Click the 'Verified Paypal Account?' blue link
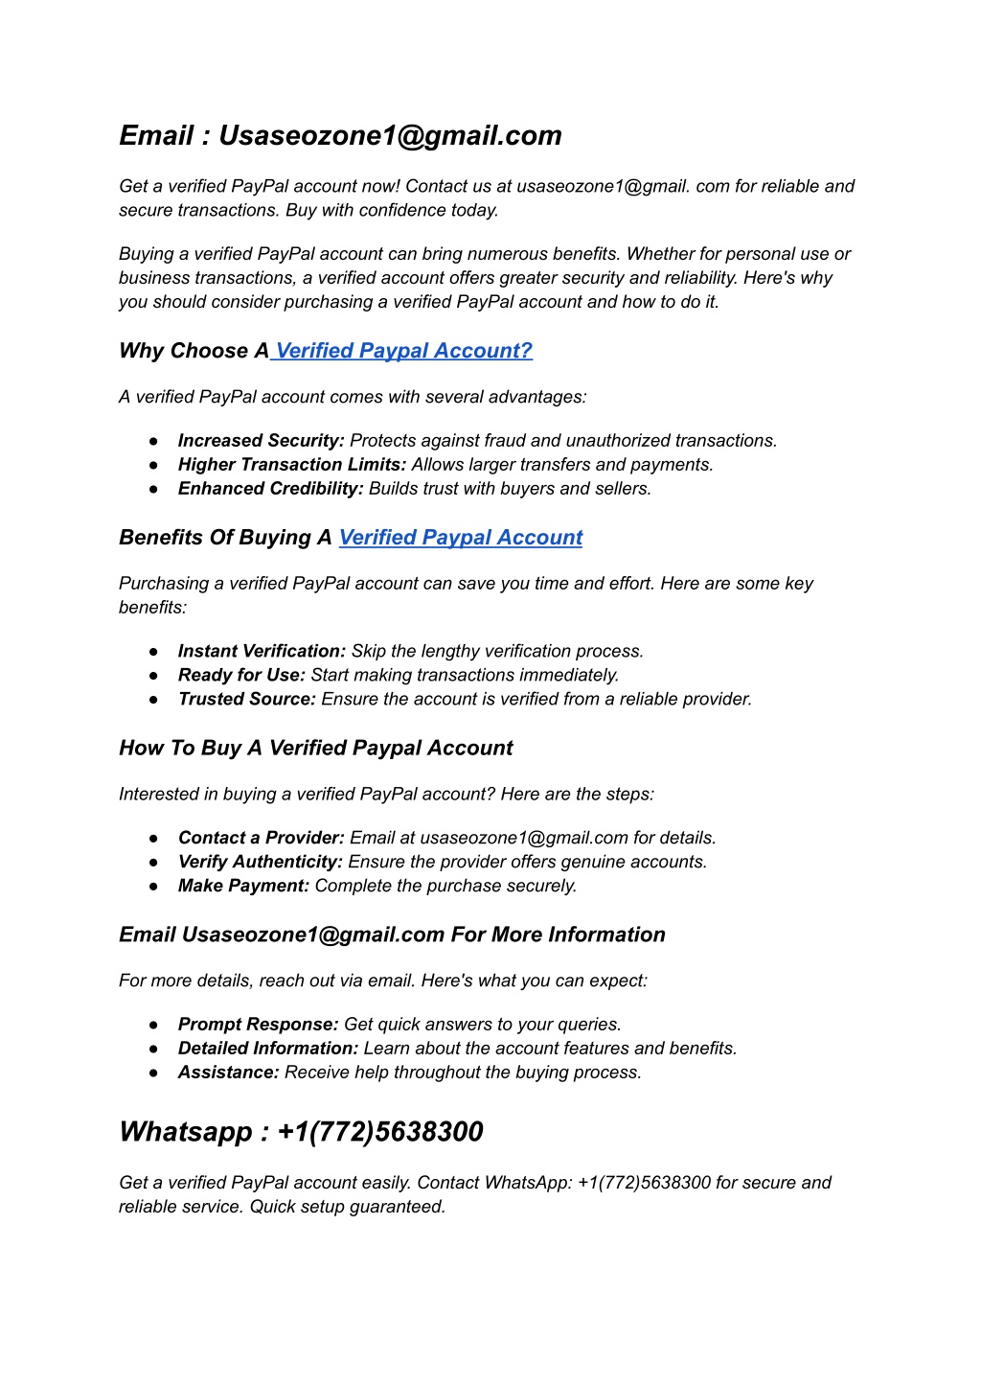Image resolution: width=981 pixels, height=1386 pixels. click(403, 351)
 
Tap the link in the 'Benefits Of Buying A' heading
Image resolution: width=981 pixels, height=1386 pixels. click(461, 538)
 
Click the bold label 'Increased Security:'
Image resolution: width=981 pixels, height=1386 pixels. click(261, 441)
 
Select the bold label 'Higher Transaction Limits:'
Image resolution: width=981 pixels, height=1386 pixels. click(292, 465)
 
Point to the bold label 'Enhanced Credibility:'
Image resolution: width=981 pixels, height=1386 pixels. click(270, 489)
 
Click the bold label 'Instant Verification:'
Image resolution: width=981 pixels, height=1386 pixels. click(262, 652)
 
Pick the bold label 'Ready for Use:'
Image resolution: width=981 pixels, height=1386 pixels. click(241, 676)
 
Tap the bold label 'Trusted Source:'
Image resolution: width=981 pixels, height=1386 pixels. click(246, 700)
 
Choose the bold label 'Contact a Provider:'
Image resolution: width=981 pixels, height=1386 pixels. click(261, 839)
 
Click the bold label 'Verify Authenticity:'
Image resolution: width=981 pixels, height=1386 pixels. click(260, 863)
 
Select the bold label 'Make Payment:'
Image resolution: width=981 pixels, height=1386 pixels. click(243, 887)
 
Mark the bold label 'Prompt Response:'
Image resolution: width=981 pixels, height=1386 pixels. click(258, 1025)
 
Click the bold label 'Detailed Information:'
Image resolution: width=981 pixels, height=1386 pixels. click(268, 1049)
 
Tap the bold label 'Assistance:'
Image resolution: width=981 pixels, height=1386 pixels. click(228, 1073)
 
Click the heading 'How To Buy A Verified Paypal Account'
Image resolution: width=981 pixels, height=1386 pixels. click(316, 749)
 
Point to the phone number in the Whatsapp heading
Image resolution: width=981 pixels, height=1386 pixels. click(380, 1132)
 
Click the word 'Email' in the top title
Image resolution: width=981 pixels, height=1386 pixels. click(156, 136)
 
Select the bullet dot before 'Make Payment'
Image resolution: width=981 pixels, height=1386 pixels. click(153, 887)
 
